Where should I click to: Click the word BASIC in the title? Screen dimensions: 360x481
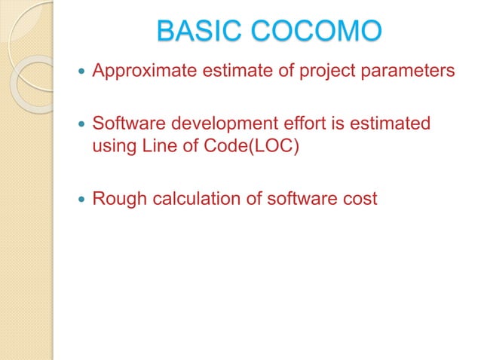(x=198, y=32)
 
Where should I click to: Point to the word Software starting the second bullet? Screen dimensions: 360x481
(x=123, y=123)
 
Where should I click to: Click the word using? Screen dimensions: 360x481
(x=112, y=145)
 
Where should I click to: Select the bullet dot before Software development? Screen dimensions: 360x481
(x=81, y=124)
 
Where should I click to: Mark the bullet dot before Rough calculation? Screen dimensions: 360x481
(x=81, y=200)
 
